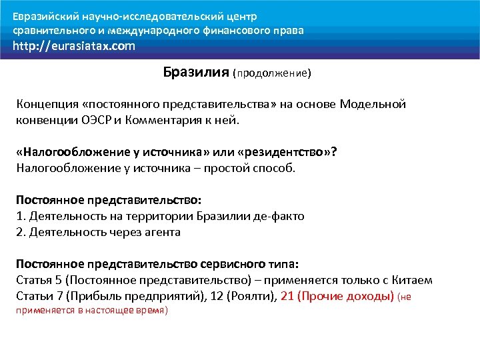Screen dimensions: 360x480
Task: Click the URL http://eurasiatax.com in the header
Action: [x=74, y=46]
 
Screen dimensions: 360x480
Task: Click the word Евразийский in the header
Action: [x=46, y=16]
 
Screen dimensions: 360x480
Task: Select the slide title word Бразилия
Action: [x=196, y=72]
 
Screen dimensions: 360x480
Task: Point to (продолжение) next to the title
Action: [x=272, y=73]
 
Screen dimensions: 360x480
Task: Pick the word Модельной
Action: [x=373, y=105]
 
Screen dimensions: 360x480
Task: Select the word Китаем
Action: [x=413, y=280]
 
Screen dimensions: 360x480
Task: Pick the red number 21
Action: [x=288, y=296]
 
